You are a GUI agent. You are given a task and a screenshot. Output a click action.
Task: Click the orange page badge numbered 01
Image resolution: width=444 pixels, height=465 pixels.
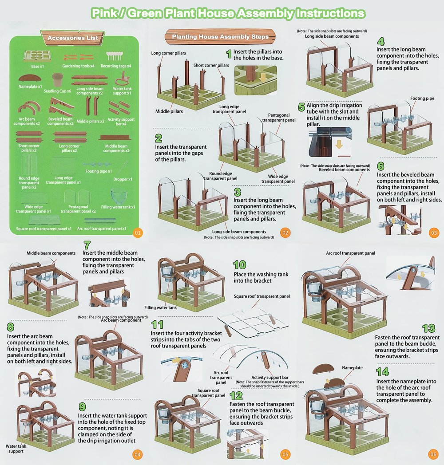click(138, 233)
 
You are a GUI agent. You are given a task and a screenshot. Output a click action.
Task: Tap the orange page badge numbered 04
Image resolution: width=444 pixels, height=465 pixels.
click(137, 454)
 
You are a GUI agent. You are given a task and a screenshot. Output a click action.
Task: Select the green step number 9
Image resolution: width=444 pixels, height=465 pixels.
click(82, 406)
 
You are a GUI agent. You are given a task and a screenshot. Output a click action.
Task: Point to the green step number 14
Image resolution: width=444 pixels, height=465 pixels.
click(383, 372)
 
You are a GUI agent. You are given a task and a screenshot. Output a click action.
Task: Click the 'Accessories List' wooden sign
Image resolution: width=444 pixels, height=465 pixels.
click(73, 38)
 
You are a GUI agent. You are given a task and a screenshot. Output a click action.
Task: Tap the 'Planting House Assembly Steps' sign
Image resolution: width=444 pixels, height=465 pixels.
click(220, 36)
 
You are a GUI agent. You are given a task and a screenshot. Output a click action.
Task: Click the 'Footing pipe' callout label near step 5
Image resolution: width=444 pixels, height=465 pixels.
click(422, 98)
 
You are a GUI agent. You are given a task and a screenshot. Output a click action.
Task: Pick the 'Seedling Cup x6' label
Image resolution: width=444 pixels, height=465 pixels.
click(57, 91)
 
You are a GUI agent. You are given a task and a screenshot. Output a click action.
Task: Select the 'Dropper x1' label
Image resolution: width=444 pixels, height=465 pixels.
click(123, 179)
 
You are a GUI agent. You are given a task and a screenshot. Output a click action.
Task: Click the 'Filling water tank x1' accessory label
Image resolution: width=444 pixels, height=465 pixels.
click(118, 207)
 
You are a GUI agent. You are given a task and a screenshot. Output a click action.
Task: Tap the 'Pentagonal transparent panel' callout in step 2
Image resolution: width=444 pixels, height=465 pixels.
click(279, 118)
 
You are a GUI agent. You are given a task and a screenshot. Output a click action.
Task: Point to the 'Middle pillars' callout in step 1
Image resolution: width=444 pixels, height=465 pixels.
click(169, 111)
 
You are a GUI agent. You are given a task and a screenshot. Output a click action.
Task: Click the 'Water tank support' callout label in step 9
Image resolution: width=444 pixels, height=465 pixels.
click(16, 449)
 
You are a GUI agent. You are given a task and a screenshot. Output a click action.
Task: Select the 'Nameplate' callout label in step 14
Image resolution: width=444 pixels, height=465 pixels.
click(352, 368)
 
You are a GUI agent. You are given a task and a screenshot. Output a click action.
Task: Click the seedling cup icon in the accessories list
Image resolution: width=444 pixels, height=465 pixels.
click(58, 80)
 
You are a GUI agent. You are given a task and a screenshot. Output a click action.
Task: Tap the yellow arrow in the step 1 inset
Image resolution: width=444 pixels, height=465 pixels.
click(263, 78)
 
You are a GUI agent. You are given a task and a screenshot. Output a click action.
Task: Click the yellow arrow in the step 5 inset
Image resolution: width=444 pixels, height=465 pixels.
click(339, 144)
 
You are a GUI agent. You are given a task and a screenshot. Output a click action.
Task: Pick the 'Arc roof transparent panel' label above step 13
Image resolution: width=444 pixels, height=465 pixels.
click(350, 253)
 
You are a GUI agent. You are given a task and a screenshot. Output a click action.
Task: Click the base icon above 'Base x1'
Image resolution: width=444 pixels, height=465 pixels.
click(37, 56)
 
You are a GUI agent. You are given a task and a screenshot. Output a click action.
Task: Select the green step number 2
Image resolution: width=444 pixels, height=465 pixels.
click(159, 138)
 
